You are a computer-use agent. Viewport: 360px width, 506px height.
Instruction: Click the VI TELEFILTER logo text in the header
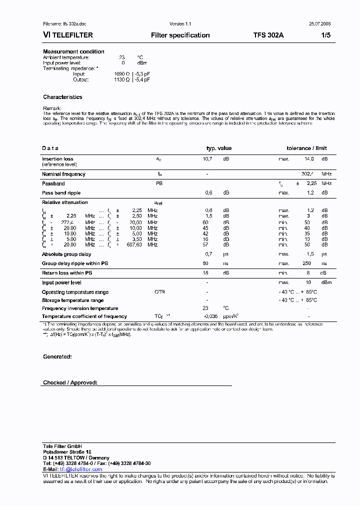67,35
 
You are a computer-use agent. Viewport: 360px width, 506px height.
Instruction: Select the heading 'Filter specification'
180,35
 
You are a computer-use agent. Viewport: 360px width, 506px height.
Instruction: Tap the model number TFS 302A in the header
268,35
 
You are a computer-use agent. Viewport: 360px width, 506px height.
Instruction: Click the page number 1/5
325,35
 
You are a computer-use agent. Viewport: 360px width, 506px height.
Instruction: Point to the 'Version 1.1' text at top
180,24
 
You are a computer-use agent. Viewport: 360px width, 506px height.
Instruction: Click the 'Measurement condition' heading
73,51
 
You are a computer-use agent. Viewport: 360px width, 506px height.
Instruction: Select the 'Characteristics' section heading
62,97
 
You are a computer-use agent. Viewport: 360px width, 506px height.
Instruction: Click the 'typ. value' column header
219,148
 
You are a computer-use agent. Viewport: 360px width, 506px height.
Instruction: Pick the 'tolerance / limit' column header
306,148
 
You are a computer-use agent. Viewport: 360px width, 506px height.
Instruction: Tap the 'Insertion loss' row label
57,159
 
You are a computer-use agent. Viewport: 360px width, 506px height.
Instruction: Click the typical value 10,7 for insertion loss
207,159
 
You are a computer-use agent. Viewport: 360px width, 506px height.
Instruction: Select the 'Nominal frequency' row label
63,174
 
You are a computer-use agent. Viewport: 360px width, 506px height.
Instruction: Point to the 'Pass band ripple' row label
61,192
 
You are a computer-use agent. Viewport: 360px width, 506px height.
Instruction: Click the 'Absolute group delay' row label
66,254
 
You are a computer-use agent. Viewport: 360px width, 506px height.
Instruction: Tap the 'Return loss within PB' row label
67,273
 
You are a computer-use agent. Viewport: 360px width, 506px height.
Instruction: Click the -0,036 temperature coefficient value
210,316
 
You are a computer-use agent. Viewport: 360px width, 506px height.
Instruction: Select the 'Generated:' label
57,356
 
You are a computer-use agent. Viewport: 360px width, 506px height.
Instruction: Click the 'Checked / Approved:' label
70,382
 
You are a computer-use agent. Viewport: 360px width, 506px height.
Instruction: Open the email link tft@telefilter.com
81,469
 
